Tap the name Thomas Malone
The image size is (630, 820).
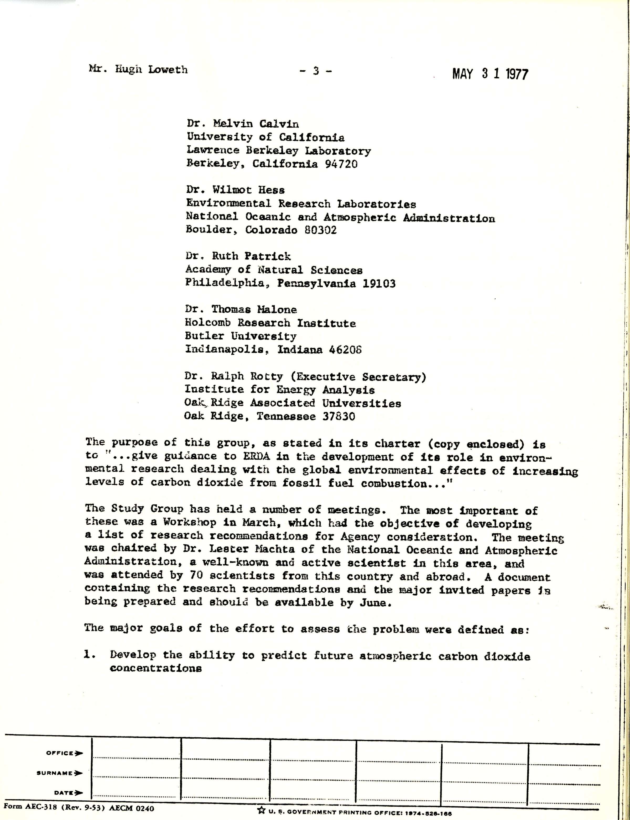pyautogui.click(x=254, y=309)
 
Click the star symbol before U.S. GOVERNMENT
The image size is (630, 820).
pyautogui.click(x=261, y=810)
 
